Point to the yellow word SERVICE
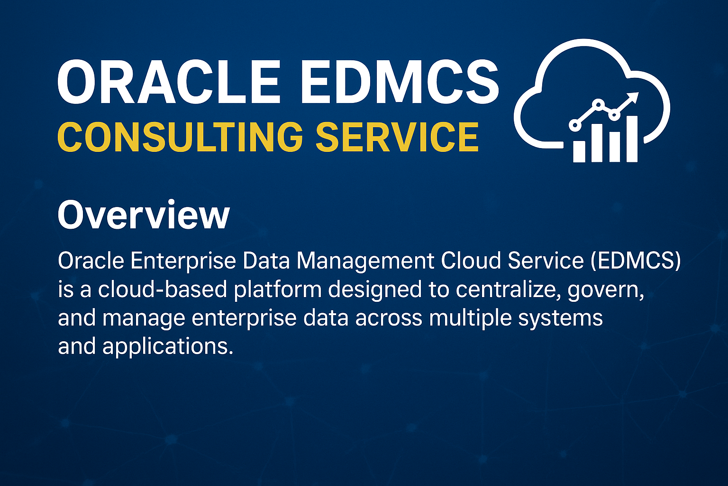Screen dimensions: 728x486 [397, 137]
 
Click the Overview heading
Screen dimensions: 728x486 [144, 215]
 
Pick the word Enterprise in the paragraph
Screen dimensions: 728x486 [183, 261]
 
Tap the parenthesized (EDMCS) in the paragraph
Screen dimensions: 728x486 [636, 261]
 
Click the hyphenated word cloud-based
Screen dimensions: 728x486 [162, 289]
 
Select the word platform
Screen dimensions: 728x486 [278, 290]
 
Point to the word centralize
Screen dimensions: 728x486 [508, 289]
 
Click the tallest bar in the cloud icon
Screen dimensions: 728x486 [632, 139]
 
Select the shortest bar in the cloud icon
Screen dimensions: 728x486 [579, 151]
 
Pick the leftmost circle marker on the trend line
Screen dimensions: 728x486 [575, 125]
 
